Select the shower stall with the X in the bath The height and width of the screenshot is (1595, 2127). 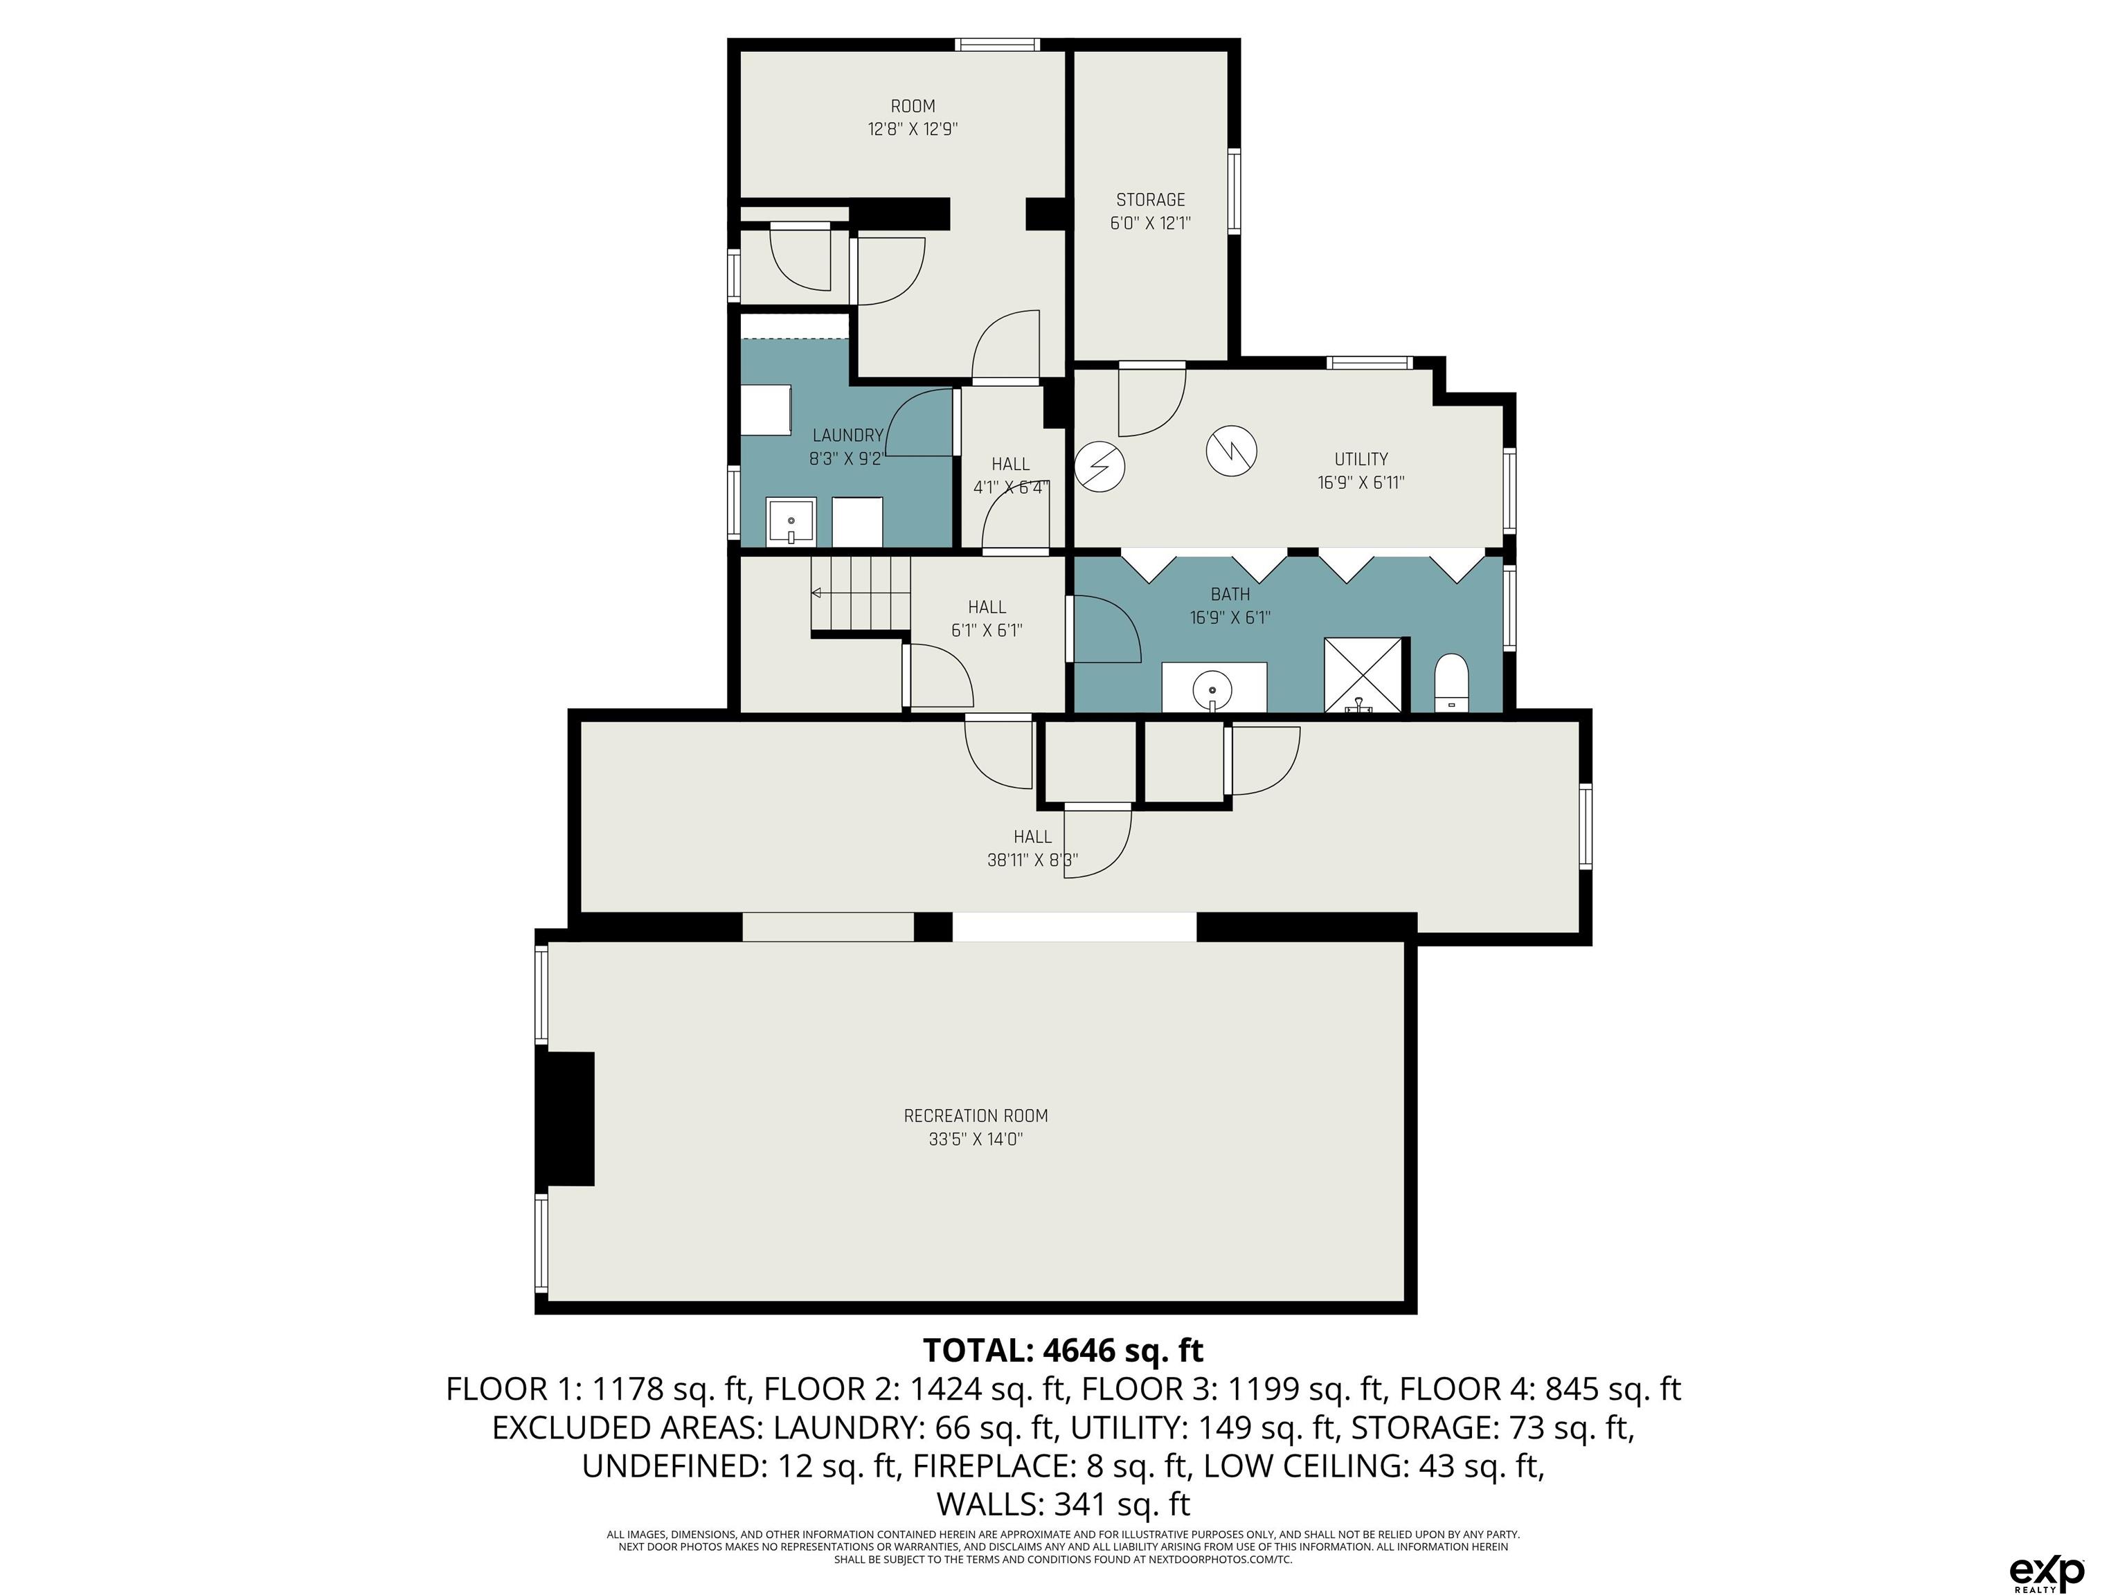[1363, 675]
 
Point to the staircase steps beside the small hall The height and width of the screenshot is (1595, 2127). [861, 593]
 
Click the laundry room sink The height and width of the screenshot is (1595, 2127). [791, 522]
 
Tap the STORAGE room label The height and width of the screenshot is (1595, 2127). [1150, 200]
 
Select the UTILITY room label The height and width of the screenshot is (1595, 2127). [1361, 460]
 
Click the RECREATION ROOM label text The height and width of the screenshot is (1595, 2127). [975, 1116]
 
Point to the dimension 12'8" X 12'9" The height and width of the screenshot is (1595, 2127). [913, 129]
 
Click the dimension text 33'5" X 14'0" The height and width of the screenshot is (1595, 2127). [975, 1140]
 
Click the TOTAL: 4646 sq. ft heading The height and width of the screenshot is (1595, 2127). [1063, 1351]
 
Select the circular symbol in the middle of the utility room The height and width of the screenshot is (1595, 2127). [1232, 450]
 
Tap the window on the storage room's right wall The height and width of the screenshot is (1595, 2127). [1235, 190]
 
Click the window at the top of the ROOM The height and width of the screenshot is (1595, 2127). [997, 44]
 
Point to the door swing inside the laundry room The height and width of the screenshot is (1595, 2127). [918, 423]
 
